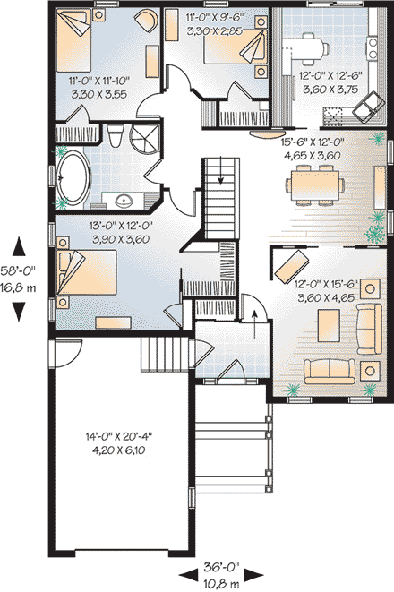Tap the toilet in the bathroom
click(114, 137)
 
